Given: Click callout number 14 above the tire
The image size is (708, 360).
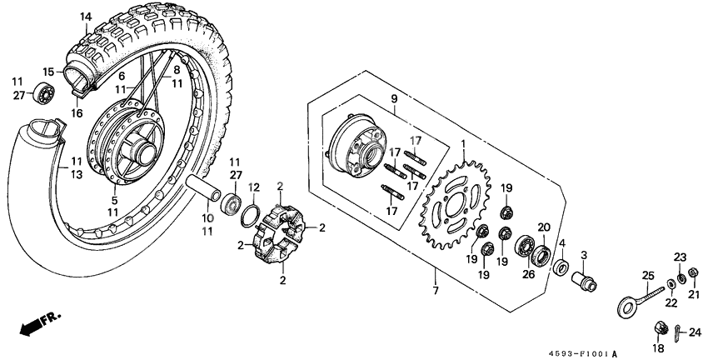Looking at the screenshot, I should (x=87, y=16).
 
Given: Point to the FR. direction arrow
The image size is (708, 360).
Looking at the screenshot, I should (x=33, y=324).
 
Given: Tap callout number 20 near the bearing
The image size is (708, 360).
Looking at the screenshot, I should (x=544, y=227).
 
